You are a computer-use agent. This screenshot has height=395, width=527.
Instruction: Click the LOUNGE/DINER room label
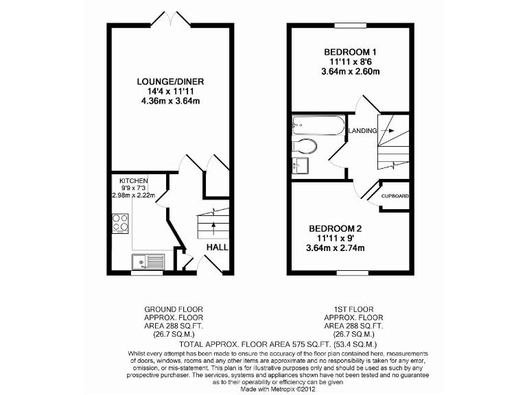171,82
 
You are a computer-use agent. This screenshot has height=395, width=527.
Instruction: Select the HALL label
218,248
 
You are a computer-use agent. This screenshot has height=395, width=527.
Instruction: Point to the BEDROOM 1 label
351,52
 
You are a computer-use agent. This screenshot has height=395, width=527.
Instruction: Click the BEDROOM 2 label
335,228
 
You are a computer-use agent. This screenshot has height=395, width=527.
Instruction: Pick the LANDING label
363,131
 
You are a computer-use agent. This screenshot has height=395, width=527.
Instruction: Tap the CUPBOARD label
395,197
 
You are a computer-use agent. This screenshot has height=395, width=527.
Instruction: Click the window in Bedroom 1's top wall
351,25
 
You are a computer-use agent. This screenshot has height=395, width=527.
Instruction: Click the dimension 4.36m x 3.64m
171,101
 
